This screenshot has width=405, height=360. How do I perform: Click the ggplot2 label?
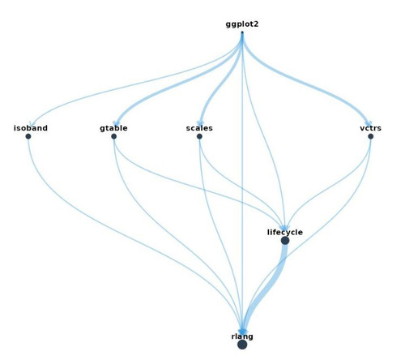pyautogui.click(x=242, y=24)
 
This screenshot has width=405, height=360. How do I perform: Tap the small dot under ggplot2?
pyautogui.click(x=242, y=32)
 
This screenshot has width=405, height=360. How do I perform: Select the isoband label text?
pyautogui.click(x=31, y=128)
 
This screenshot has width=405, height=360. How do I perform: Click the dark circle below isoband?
pyautogui.click(x=28, y=136)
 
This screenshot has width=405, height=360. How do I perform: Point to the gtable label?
pyautogui.click(x=113, y=128)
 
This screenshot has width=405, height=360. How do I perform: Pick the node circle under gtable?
pyautogui.click(x=113, y=136)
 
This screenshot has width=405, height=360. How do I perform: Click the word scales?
pyautogui.click(x=199, y=128)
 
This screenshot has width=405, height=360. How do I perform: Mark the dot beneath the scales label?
pyautogui.click(x=199, y=136)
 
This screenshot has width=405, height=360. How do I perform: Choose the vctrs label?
pyautogui.click(x=370, y=128)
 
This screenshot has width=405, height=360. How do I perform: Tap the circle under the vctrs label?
pyautogui.click(x=370, y=136)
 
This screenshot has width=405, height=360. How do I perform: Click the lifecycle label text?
pyautogui.click(x=285, y=232)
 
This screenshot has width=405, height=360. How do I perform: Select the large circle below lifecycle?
pyautogui.click(x=285, y=241)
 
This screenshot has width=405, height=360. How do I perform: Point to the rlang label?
pyautogui.click(x=242, y=336)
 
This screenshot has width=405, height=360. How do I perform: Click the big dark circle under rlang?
pyautogui.click(x=242, y=345)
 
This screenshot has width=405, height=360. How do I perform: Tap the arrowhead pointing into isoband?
pyautogui.click(x=31, y=124)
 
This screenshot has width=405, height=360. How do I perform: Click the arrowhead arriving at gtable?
pyautogui.click(x=116, y=123)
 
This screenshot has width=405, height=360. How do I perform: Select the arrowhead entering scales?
pyautogui.click(x=200, y=123)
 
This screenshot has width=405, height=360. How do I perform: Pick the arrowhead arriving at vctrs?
pyautogui.click(x=369, y=123)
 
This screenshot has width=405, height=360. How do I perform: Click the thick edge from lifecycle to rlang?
pyautogui.click(x=273, y=286)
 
